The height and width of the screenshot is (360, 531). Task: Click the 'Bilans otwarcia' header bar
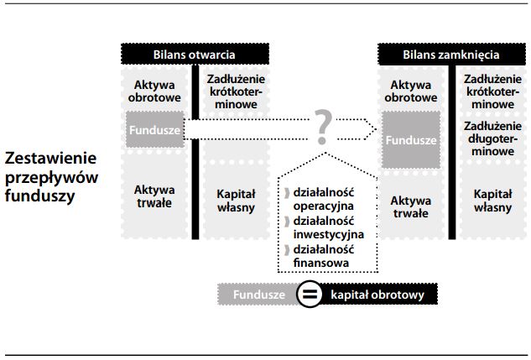pyautogui.click(x=194, y=54)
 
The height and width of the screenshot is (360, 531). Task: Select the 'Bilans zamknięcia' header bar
pyautogui.click(x=450, y=54)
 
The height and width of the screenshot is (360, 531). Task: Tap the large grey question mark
pyautogui.click(x=323, y=127)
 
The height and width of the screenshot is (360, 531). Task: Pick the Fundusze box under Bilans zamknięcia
pyautogui.click(x=410, y=139)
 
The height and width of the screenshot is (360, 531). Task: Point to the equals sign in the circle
pyautogui.click(x=310, y=295)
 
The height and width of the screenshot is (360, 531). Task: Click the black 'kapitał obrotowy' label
pyautogui.click(x=377, y=295)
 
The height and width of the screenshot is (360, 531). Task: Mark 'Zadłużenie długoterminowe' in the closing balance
pyautogui.click(x=490, y=139)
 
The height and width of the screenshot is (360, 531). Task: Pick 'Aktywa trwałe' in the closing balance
pyautogui.click(x=410, y=206)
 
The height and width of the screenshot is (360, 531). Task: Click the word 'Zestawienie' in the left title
pyautogui.click(x=51, y=158)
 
